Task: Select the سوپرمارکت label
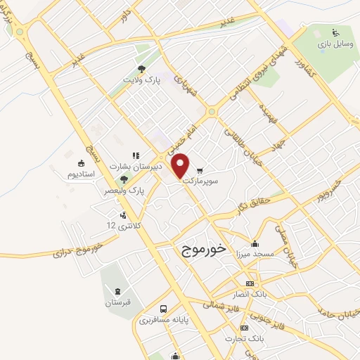click(202, 181)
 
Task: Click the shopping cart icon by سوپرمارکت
click(200, 170)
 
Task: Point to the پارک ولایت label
click(143, 81)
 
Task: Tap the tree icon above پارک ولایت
click(142, 69)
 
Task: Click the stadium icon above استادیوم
click(82, 162)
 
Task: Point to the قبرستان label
click(118, 303)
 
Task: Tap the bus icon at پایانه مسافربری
click(163, 309)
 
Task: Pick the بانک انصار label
click(250, 293)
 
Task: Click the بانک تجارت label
click(250, 339)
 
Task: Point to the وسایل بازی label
click(335, 44)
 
